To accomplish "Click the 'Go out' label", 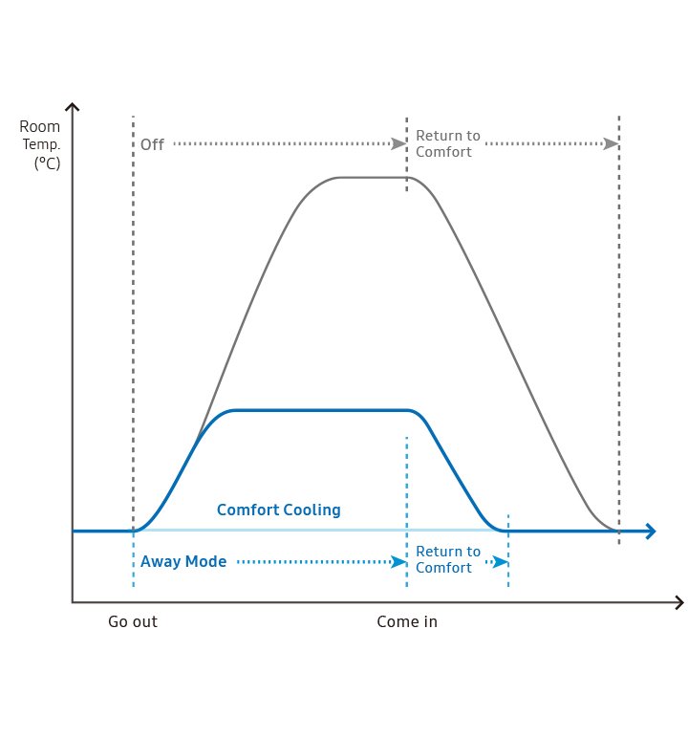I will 132,621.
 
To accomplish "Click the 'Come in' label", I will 407,621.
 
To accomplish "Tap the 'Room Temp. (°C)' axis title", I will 41,144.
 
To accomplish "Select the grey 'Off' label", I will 152,145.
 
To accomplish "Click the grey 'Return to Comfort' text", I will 447,144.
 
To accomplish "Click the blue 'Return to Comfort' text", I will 447,559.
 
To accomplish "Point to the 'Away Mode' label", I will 183,562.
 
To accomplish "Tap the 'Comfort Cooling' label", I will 278,510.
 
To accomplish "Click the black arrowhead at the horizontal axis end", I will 678,602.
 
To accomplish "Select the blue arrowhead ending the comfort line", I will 651,531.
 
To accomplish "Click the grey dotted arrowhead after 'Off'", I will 399,143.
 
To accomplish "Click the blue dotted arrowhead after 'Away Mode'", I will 399,562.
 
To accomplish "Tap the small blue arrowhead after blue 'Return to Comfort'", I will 500,562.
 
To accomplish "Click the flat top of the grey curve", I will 373,177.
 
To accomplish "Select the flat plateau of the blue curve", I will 320,410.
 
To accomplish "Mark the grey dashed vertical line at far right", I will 619,335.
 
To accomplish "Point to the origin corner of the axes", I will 73,602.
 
